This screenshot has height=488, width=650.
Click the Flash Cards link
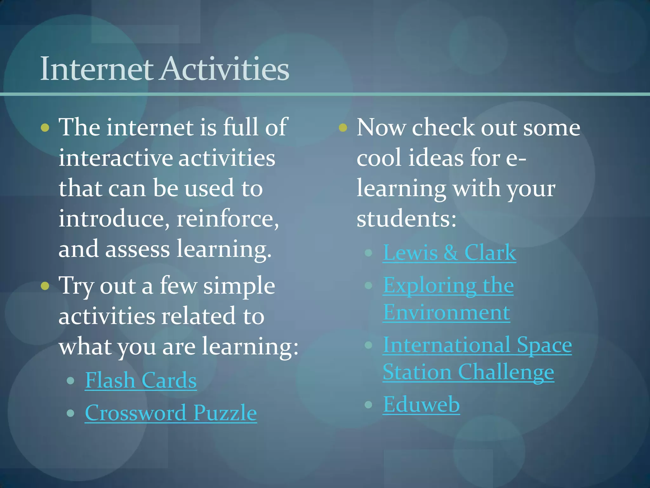(141, 380)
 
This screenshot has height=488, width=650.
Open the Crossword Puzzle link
(171, 413)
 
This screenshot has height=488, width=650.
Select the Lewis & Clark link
(449, 253)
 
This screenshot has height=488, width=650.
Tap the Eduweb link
(421, 404)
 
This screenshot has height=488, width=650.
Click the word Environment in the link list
(446, 312)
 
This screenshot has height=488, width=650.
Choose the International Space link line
(477, 345)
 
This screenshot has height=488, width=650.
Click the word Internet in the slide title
(96, 69)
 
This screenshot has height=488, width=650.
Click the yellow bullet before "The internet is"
(45, 128)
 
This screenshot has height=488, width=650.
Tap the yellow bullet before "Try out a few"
(45, 286)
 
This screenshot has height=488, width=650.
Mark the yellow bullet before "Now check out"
(343, 128)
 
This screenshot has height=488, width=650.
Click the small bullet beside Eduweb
(368, 404)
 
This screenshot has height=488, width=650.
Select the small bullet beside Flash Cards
(70, 380)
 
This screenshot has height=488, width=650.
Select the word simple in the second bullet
(239, 286)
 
